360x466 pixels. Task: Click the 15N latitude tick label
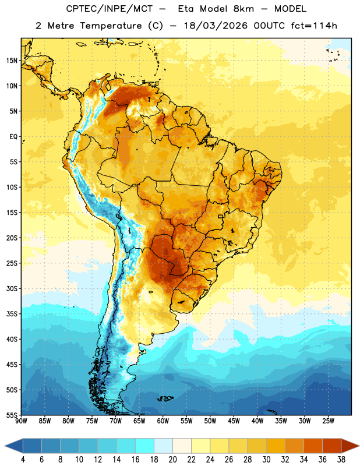point(12,61)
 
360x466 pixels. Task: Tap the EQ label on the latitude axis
point(13,137)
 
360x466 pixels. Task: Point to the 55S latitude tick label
point(12,415)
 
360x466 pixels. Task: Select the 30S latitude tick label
point(12,288)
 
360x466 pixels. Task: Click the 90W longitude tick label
point(22,421)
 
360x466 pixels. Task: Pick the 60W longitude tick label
point(163,421)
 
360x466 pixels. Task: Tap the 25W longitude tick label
point(328,421)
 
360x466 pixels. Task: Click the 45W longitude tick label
point(234,421)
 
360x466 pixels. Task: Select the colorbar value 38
point(341,460)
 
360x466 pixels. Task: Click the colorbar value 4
point(23,460)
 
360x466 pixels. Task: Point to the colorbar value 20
point(172,460)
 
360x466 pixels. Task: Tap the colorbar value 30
point(266,460)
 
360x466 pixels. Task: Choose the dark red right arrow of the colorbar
point(350,446)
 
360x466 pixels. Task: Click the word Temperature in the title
point(111,26)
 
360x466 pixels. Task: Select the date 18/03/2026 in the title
point(216,26)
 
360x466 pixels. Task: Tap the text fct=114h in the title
point(314,26)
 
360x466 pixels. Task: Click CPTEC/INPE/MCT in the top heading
point(109,9)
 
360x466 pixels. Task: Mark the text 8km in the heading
point(243,9)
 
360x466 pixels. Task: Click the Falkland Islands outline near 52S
point(165,398)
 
